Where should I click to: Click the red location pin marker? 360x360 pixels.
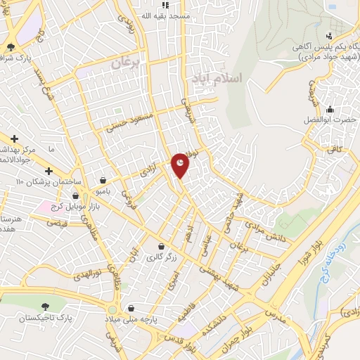(x=181, y=165)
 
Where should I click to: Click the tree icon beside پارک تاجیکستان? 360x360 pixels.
(x=46, y=307)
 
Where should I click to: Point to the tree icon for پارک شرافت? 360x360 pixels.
(x=11, y=48)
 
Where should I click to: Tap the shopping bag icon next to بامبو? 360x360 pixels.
(x=104, y=181)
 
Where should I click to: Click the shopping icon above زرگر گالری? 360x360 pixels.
(x=163, y=247)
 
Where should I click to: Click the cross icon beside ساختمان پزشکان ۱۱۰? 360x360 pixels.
(x=49, y=171)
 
